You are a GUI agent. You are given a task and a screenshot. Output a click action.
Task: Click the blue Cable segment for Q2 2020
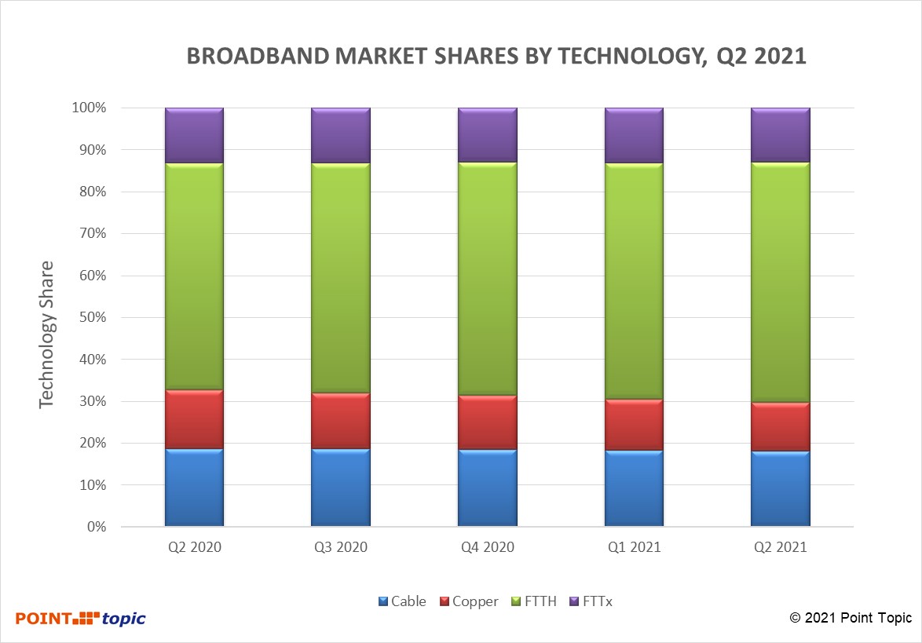point(194,487)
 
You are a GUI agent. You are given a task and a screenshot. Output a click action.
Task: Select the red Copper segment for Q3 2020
point(341,420)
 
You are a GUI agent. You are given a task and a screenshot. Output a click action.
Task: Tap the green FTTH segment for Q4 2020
point(488,279)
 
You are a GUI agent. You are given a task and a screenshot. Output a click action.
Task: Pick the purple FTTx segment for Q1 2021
point(634,135)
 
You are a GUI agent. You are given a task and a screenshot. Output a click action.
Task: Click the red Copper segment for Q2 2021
point(781,426)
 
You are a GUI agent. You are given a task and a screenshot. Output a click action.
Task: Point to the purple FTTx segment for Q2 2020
point(194,135)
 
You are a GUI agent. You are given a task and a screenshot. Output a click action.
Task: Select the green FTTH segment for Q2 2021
point(781,283)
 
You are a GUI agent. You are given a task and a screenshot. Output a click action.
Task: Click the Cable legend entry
point(402,601)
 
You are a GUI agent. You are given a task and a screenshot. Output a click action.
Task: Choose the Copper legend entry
point(469,601)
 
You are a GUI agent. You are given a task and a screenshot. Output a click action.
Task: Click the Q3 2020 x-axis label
point(341,547)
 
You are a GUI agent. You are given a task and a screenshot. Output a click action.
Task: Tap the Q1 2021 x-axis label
point(634,547)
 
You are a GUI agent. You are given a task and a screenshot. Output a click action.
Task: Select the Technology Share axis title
point(47,334)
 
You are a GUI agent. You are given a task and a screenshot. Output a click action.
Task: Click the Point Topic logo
point(81,618)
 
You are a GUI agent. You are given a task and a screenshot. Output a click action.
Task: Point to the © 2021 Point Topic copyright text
point(851,618)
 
